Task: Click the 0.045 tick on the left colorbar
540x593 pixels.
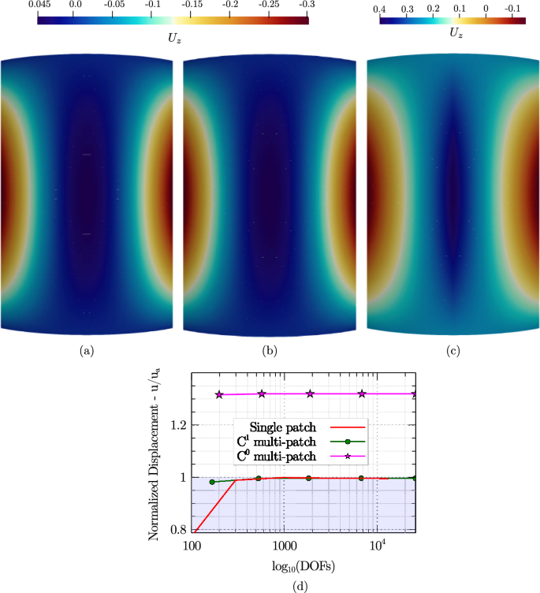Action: (38, 6)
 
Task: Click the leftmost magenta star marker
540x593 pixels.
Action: (220, 394)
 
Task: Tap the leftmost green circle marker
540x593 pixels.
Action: (212, 481)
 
